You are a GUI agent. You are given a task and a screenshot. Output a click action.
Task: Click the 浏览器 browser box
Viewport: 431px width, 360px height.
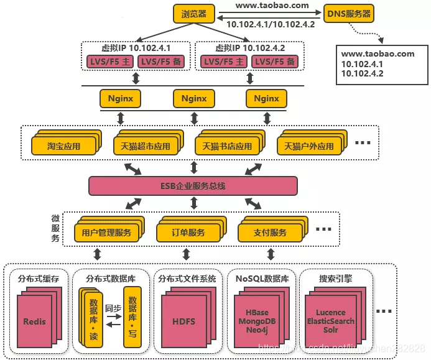(x=195, y=13)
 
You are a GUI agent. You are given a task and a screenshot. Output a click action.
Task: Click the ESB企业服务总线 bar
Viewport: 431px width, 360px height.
(x=193, y=186)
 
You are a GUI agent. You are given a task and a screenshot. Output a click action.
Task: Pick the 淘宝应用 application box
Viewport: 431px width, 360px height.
(x=63, y=146)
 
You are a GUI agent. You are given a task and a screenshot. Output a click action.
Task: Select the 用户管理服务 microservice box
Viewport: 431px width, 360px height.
(x=106, y=233)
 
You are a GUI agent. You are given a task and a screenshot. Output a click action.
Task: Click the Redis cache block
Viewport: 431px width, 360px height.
(x=34, y=321)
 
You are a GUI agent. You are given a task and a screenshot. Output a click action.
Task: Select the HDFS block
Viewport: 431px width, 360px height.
(x=183, y=321)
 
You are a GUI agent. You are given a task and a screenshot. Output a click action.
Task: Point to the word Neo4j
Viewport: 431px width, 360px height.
(x=257, y=330)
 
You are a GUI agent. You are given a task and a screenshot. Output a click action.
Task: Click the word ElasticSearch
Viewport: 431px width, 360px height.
(x=330, y=321)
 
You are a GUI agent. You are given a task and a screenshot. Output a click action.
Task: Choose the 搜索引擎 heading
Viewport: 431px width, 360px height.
(x=335, y=279)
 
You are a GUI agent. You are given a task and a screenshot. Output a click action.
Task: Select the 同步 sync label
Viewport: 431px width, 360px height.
(x=113, y=308)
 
